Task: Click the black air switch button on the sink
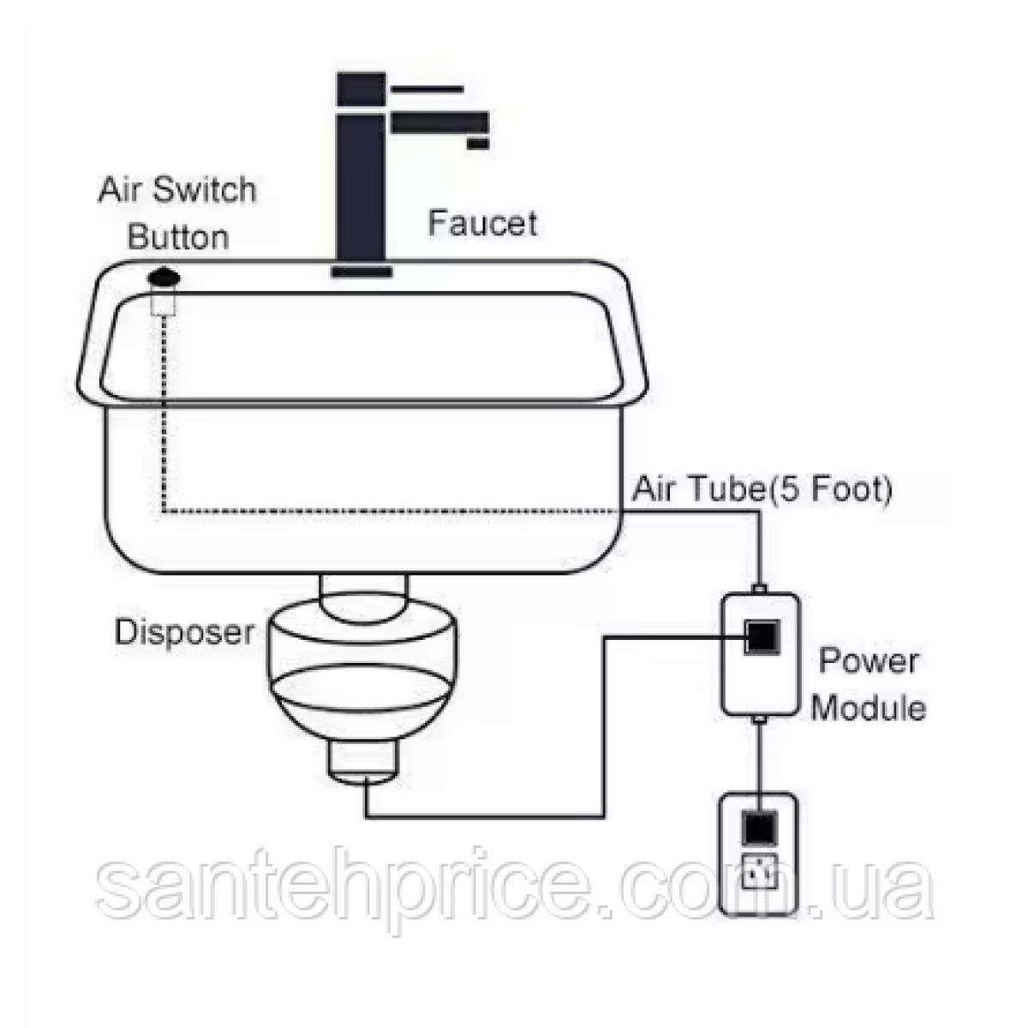[164, 278]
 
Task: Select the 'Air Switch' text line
[177, 190]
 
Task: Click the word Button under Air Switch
[178, 237]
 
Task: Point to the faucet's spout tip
[477, 143]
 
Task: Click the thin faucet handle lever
[427, 89]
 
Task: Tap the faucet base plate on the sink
[362, 272]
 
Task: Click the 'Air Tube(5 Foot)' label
[762, 488]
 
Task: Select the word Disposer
[184, 633]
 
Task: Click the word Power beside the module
[868, 660]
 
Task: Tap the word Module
[868, 708]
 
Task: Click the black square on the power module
[763, 637]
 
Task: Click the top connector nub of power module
[759, 589]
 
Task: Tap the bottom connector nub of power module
[759, 720]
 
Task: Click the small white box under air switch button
[164, 302]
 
